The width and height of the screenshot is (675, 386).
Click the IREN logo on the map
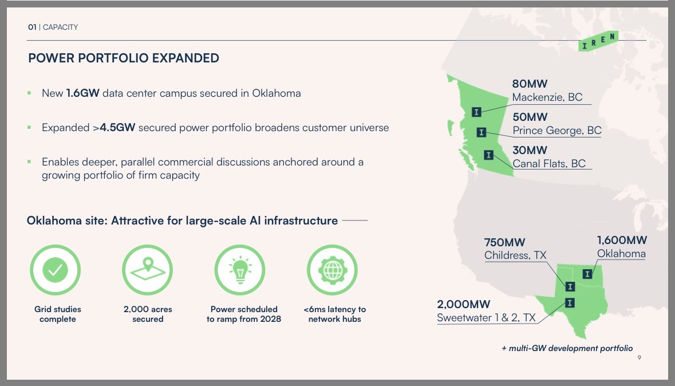click(x=598, y=41)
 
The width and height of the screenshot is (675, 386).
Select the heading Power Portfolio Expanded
click(x=124, y=58)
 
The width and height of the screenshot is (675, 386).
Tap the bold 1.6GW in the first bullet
click(x=82, y=93)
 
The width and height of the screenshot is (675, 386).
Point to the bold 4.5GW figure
click(x=117, y=128)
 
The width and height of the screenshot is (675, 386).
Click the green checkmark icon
click(x=55, y=270)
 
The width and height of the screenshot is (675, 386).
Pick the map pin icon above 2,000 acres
click(x=148, y=270)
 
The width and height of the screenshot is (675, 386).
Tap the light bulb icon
click(x=240, y=270)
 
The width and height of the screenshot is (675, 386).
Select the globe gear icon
click(x=332, y=270)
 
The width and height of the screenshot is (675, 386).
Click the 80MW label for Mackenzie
click(x=530, y=84)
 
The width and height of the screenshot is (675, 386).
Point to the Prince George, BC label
click(x=557, y=131)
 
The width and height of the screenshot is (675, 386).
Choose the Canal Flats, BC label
click(x=549, y=164)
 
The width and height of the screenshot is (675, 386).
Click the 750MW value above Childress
click(x=504, y=243)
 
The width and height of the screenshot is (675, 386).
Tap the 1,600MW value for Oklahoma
click(x=622, y=241)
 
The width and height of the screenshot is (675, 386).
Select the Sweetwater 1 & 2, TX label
click(x=486, y=318)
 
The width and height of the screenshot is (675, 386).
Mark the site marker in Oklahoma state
click(x=587, y=274)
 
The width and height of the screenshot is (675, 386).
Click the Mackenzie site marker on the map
click(x=476, y=112)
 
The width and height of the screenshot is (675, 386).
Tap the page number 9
click(x=640, y=357)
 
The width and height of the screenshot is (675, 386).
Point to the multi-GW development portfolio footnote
click(x=567, y=348)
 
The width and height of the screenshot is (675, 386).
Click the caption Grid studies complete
click(x=58, y=314)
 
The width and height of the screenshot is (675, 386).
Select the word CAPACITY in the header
click(x=60, y=27)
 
